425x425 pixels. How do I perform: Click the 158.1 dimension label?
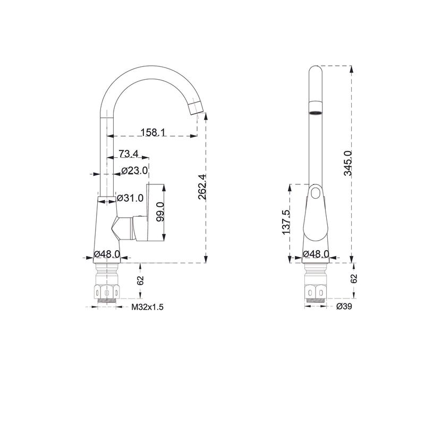[x=153, y=132]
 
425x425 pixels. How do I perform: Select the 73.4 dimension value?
[x=129, y=154]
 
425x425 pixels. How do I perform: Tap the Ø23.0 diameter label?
[x=135, y=171]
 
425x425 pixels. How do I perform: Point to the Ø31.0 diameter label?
[x=130, y=198]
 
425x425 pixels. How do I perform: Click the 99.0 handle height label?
[x=160, y=212]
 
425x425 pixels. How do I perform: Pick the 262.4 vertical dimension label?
[x=202, y=187]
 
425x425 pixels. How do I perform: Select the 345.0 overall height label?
[x=348, y=163]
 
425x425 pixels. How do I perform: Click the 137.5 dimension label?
[x=286, y=222]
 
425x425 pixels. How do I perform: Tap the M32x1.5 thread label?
[x=148, y=307]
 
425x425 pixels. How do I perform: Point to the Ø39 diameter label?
[x=344, y=307]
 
